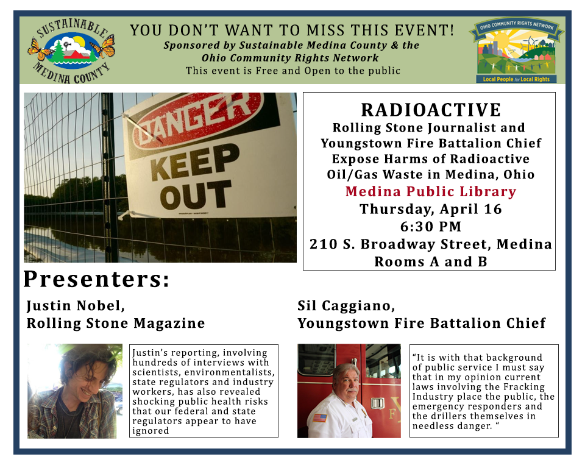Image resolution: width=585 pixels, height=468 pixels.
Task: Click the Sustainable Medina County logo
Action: (x=71, y=50)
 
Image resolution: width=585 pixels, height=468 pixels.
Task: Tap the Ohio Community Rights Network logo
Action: (x=516, y=51)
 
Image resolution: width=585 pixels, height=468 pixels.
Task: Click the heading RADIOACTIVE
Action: (x=431, y=110)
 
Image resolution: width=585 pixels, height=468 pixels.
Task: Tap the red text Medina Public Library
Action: (x=431, y=191)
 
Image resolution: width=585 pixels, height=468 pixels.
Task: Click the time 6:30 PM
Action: (x=431, y=226)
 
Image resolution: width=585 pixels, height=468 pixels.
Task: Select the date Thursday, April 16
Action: (x=431, y=209)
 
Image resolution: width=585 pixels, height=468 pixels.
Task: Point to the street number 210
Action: (x=324, y=244)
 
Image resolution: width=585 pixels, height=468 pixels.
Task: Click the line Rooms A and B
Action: (x=431, y=261)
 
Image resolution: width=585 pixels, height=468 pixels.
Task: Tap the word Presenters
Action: (x=96, y=279)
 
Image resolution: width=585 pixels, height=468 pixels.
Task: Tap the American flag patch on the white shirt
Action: (x=320, y=417)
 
